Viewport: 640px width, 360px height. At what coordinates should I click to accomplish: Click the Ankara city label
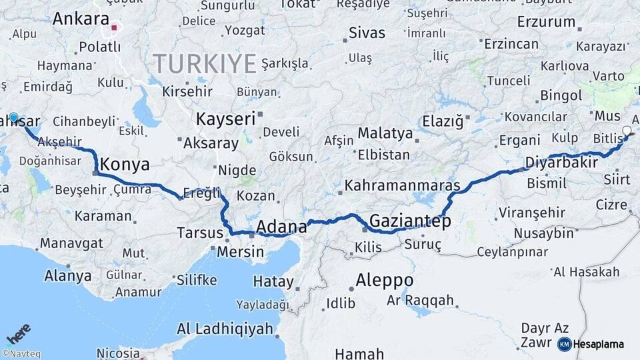coord(81,19)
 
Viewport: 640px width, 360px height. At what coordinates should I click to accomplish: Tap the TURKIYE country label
coord(205,64)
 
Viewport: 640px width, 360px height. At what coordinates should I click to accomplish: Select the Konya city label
coord(124,165)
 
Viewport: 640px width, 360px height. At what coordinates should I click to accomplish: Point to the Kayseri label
coord(226,119)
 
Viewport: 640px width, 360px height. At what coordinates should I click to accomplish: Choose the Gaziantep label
coord(410,221)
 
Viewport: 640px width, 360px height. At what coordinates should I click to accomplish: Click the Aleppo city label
coord(385,280)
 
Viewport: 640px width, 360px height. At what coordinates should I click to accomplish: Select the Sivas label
coord(367,33)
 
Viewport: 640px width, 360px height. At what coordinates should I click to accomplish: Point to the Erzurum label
coord(546,22)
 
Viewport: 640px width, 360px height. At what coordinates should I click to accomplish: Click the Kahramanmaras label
coord(403,185)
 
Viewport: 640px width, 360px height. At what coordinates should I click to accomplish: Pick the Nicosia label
coord(119,353)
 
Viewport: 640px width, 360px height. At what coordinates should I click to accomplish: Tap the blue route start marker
coord(13,117)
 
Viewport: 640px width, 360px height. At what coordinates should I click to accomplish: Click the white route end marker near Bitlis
coord(626,131)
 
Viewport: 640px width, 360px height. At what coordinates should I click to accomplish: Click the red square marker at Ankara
coord(114,28)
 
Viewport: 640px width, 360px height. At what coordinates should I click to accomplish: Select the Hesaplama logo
coord(591,344)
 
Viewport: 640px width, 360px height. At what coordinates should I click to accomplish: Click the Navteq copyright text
coord(21,354)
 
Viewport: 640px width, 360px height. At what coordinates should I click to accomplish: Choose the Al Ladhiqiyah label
coord(225,329)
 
